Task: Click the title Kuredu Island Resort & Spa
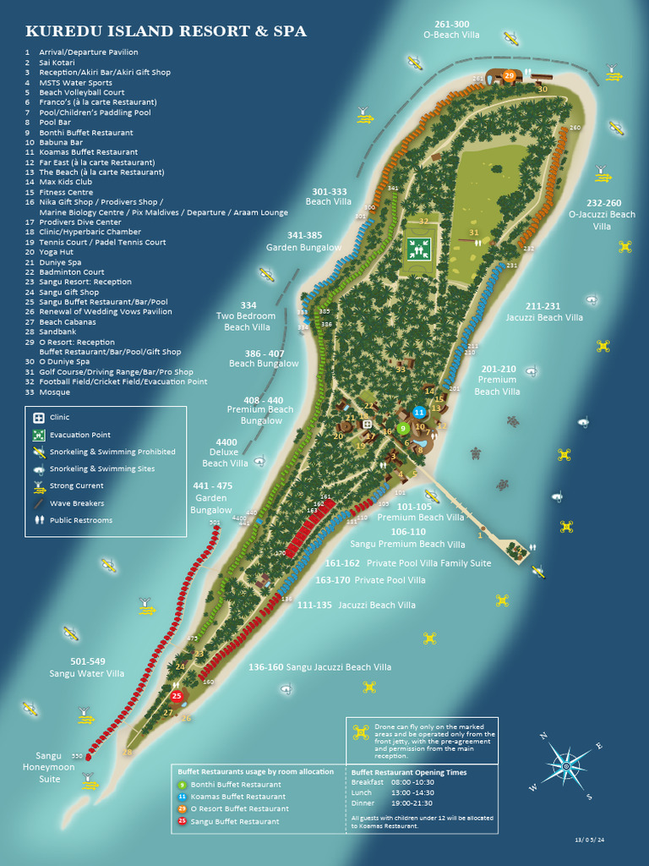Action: pos(166,32)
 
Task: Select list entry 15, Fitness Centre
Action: pos(66,192)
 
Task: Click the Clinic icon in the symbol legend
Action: pos(38,417)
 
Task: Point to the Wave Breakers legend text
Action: pos(76,503)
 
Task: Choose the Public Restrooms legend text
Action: pos(80,520)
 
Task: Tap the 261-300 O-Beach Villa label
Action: pos(451,30)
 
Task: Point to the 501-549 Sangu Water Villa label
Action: pos(86,667)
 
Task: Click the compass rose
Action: pos(566,765)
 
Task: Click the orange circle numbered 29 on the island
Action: pos(509,76)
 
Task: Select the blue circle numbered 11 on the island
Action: pos(419,412)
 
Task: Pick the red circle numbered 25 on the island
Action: pos(177,696)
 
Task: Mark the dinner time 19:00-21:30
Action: pos(412,803)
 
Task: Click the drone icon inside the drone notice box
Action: pos(362,732)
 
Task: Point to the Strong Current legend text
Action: pos(76,486)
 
